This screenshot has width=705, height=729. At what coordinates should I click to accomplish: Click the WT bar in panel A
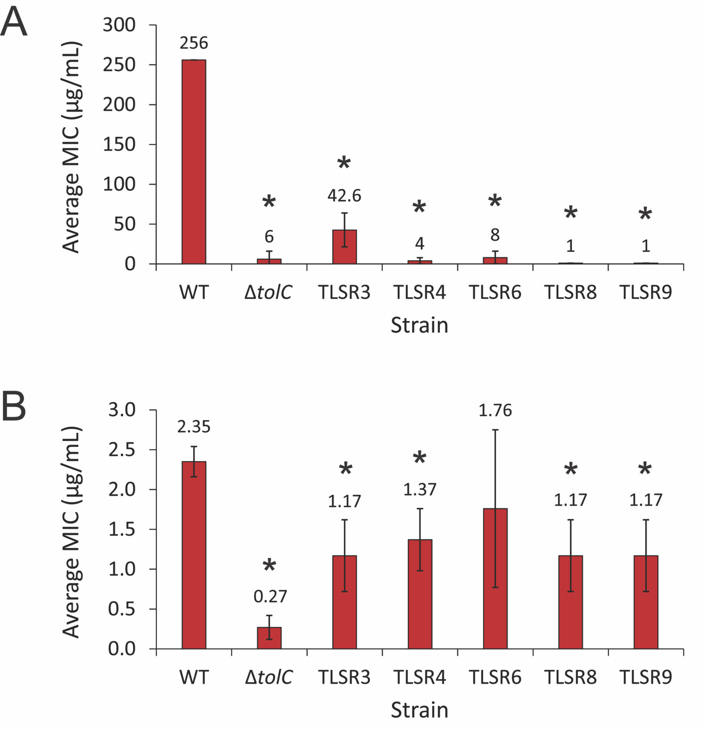tap(194, 162)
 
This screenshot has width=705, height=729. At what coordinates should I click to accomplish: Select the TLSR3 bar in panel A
tap(345, 247)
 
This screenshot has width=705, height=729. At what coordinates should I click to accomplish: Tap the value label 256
tap(194, 43)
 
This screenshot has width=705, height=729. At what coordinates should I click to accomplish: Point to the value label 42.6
tap(345, 196)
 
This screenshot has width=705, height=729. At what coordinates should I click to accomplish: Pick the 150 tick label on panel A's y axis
tap(119, 144)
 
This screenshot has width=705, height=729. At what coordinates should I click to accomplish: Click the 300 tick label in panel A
tap(119, 25)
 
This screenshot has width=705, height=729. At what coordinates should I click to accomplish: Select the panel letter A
tap(14, 23)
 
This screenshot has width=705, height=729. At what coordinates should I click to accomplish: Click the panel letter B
tap(14, 407)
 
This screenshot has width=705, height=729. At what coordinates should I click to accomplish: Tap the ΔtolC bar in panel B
tap(269, 638)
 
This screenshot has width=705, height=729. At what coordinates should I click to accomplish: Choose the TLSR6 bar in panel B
tap(495, 578)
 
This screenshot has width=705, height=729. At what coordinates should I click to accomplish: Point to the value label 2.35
tap(194, 427)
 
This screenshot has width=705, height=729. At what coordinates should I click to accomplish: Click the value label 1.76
tap(495, 410)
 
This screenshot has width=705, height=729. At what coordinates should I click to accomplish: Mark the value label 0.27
tap(270, 596)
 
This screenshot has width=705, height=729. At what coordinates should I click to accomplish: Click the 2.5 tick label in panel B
tap(122, 450)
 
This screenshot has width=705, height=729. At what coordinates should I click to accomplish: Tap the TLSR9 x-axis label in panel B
tap(646, 677)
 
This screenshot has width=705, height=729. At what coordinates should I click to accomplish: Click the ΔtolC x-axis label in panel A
tap(268, 292)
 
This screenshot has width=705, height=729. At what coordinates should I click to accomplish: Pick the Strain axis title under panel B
tap(419, 710)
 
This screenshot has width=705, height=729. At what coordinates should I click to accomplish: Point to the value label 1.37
tap(420, 490)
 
